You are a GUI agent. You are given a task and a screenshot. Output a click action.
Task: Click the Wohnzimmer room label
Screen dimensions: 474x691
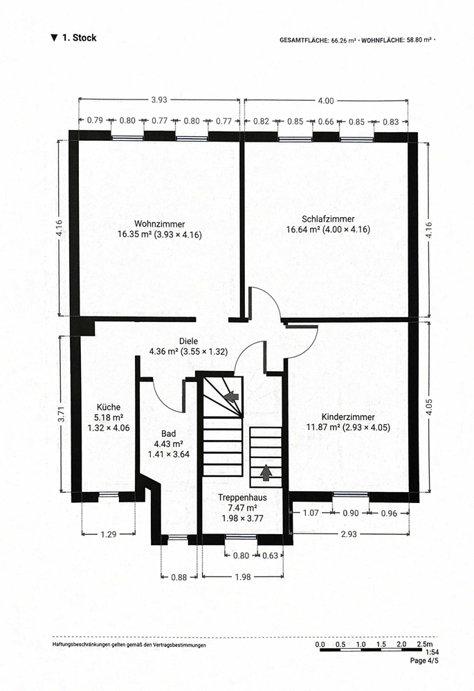point(159,224)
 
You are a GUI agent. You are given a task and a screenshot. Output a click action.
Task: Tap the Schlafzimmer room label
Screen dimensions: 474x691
point(328,219)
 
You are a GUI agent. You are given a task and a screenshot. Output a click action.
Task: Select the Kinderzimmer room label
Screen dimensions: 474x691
point(348,417)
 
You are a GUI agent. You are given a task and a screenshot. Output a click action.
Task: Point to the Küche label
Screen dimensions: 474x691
point(109,407)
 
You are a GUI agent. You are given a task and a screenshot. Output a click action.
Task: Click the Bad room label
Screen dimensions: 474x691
point(169,434)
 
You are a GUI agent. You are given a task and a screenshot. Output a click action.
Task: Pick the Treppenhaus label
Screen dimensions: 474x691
point(242,498)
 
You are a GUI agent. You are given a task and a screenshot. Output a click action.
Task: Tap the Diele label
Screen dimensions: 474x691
point(188,341)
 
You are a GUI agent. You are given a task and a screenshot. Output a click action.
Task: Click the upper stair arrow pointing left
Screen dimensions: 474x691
point(231,396)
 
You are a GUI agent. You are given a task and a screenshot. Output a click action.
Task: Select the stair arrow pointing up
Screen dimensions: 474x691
point(266,473)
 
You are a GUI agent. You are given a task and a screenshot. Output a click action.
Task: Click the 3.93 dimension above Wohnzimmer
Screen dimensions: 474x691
point(159,100)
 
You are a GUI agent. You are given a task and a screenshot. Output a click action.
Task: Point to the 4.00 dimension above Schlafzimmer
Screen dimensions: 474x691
point(326,101)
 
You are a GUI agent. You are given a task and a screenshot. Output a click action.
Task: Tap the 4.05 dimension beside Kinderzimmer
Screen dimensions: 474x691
point(430,407)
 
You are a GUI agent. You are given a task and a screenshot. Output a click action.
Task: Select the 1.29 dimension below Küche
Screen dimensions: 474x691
point(109,535)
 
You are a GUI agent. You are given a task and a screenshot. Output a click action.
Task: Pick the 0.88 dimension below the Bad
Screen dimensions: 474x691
point(179,577)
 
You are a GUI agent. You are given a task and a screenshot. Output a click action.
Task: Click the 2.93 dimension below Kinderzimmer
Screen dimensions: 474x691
point(349,535)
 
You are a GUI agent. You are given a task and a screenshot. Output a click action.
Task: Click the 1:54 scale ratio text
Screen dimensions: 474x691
point(432,652)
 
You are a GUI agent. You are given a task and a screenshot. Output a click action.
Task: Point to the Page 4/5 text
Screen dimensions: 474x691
point(424,661)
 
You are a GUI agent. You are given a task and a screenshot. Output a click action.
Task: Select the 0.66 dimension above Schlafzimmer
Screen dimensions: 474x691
point(326,122)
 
